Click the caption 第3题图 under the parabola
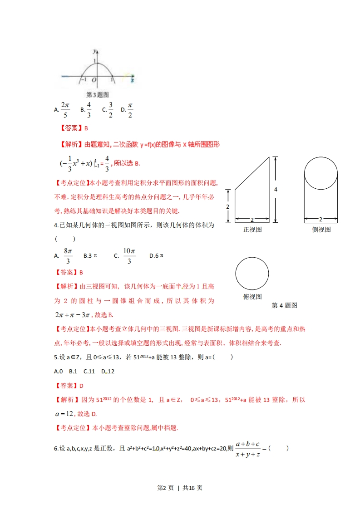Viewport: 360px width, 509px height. (97, 95)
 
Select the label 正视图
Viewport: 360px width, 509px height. (252, 230)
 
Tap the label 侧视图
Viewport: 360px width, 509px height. (321, 230)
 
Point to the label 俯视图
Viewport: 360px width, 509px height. (252, 297)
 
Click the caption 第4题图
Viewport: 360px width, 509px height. (284, 305)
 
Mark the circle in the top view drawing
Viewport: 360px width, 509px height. (252, 274)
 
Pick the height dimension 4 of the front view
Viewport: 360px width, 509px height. (276, 189)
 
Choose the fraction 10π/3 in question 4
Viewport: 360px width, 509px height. (129, 256)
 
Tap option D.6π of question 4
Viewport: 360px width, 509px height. (156, 256)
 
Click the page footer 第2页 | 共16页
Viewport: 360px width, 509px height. (179, 488)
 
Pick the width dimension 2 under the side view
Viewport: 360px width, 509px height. (321, 220)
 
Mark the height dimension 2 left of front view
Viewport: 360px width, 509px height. (228, 206)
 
